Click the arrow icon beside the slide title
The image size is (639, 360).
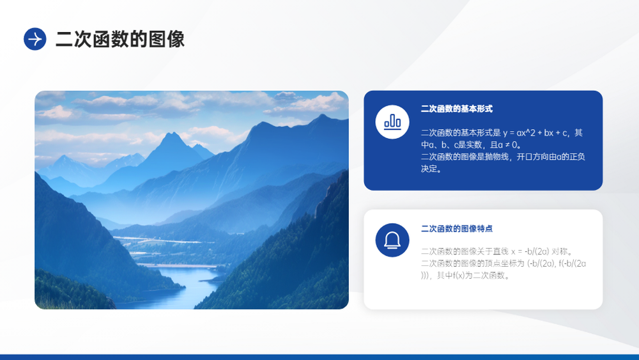(x=35, y=39)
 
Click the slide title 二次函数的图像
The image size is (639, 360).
(x=120, y=39)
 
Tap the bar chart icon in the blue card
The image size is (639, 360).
(x=392, y=122)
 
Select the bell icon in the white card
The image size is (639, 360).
(x=392, y=240)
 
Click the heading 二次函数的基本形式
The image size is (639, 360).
(x=457, y=109)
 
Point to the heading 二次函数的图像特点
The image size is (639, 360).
(x=457, y=229)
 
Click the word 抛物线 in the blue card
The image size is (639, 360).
(x=501, y=157)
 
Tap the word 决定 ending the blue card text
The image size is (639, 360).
(x=429, y=169)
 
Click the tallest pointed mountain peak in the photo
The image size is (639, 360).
(x=173, y=133)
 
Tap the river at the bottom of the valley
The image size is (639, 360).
(x=180, y=285)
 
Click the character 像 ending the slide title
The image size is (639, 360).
(x=176, y=39)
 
